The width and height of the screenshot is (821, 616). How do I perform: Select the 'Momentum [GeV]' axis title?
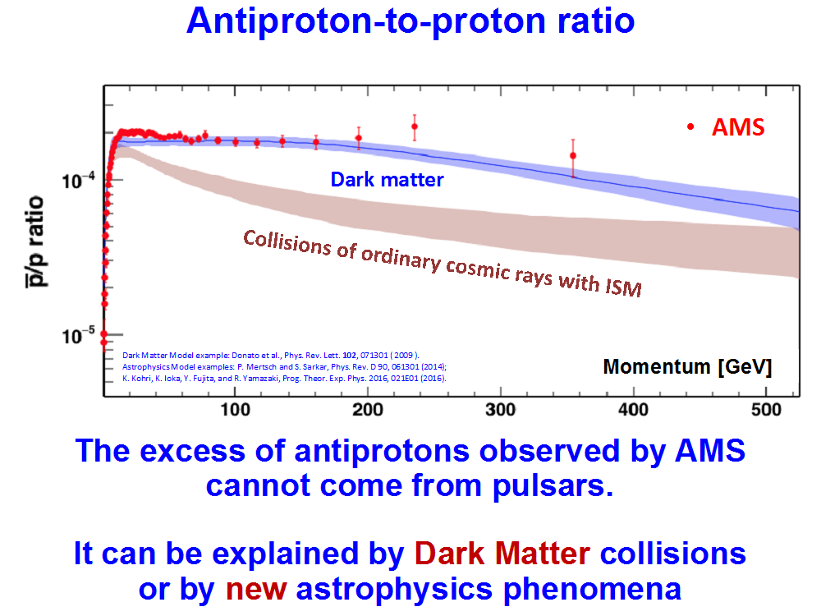(x=687, y=366)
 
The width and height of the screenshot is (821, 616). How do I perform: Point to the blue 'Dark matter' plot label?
(x=387, y=179)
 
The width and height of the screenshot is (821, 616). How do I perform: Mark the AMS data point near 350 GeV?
(x=573, y=155)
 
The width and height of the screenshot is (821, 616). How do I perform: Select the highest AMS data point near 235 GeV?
(x=415, y=126)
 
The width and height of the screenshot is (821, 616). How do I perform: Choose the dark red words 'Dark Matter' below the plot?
(x=502, y=554)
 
